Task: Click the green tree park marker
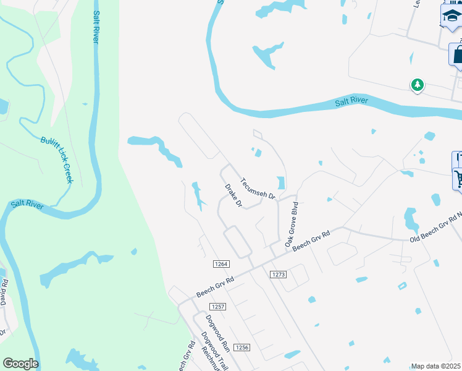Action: tap(418, 85)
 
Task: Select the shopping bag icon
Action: tap(457, 54)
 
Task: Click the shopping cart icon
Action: tap(458, 179)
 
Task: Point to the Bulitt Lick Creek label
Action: tap(57, 160)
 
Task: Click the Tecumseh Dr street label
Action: tap(258, 188)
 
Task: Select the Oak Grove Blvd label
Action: tap(292, 224)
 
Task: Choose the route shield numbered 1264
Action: tap(220, 264)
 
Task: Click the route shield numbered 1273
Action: tap(279, 274)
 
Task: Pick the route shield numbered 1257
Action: tap(217, 307)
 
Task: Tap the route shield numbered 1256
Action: tap(241, 348)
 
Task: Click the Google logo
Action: tap(20, 364)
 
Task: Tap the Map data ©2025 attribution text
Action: tap(436, 366)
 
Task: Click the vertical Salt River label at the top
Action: tap(96, 26)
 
